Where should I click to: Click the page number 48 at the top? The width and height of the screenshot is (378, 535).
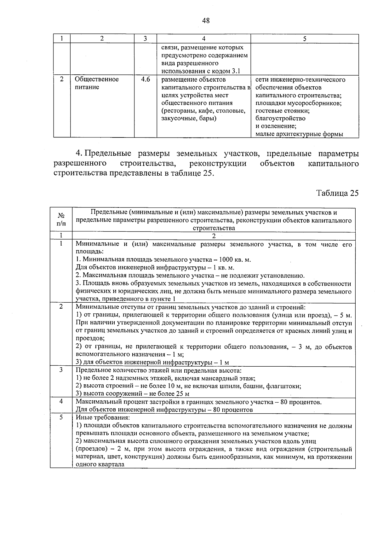pos(205,21)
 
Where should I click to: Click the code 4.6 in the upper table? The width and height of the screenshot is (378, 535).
pos(145,79)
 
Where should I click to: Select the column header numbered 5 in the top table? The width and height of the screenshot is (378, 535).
pos(304,39)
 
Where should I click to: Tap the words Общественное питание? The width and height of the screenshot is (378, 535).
pos(96,83)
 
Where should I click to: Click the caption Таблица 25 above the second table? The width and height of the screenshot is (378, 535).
pos(337,193)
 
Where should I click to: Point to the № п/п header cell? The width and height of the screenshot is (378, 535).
pos(61,220)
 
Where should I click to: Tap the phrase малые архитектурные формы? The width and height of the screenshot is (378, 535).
pos(299,134)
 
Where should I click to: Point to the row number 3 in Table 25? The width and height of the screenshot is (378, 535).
pos(61,369)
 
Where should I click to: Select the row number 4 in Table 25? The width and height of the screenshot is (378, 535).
pos(61,401)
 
